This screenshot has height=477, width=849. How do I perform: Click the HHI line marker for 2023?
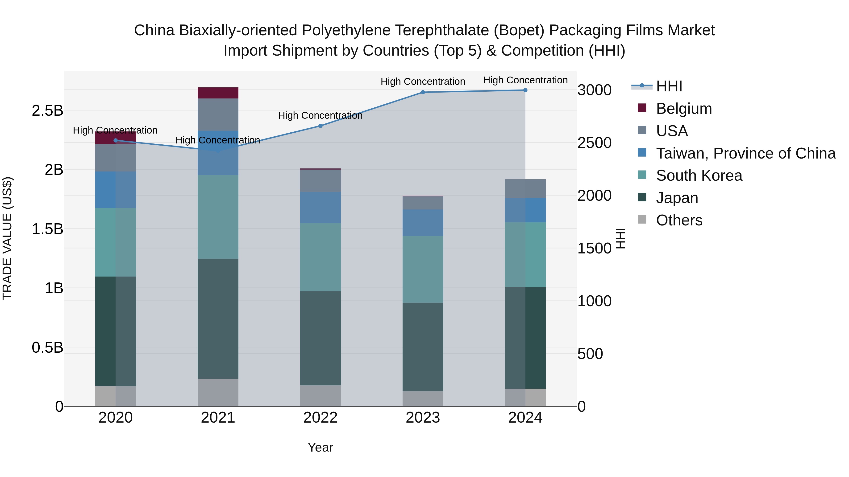423,92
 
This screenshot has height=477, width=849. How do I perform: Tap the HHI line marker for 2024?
525,90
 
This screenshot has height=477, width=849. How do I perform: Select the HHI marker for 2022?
320,126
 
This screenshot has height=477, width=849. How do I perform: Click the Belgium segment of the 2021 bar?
218,93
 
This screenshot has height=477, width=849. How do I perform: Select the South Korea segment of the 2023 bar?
423,269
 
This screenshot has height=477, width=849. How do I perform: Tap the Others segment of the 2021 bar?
218,392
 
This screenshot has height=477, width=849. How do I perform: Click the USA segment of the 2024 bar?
525,189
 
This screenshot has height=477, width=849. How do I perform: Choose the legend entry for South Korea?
699,175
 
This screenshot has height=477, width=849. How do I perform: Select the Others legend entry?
679,220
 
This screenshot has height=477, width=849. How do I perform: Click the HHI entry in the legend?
669,86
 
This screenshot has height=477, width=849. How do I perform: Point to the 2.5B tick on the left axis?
47,111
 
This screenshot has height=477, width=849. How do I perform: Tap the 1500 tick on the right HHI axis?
594,248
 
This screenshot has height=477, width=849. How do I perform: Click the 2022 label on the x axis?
320,418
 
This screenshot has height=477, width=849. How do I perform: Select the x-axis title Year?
320,447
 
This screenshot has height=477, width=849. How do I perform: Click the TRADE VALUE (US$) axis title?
7,238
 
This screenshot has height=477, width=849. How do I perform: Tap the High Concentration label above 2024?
525,80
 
